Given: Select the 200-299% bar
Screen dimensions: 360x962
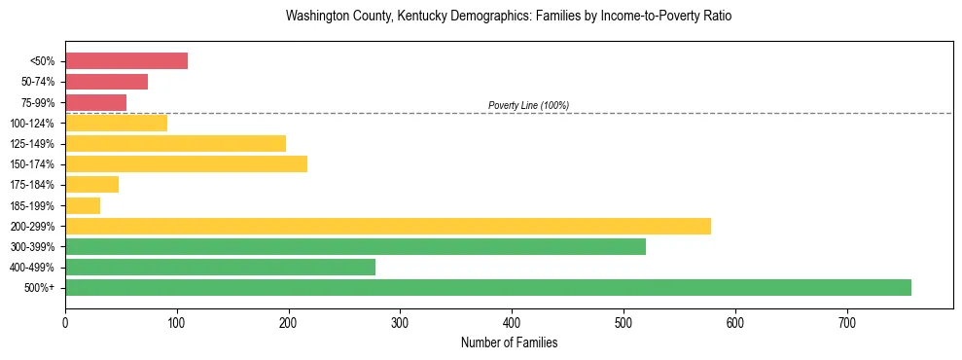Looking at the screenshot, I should coord(388,226).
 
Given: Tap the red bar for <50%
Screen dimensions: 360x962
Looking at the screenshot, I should coord(126,60).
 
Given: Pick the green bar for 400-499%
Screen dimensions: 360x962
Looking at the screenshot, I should coord(220,267).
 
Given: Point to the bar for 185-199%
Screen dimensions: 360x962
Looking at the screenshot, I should coord(83,205).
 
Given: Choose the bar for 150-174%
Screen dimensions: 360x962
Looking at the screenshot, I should coord(186,163).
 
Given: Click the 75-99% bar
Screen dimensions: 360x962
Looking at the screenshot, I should coord(95,102).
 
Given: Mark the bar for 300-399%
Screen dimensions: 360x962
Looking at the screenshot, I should coord(355,246).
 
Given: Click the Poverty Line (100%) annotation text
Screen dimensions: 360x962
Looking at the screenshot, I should coord(528,105).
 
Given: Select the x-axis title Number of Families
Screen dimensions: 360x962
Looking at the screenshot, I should coord(509,342).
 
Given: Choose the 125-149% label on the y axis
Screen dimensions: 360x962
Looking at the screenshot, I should coord(32,144).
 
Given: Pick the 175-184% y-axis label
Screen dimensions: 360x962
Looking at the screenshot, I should coord(32,185).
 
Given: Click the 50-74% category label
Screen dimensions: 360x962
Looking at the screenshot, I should coord(37,82).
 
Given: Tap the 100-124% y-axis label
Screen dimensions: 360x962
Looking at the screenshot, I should coord(32,124).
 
